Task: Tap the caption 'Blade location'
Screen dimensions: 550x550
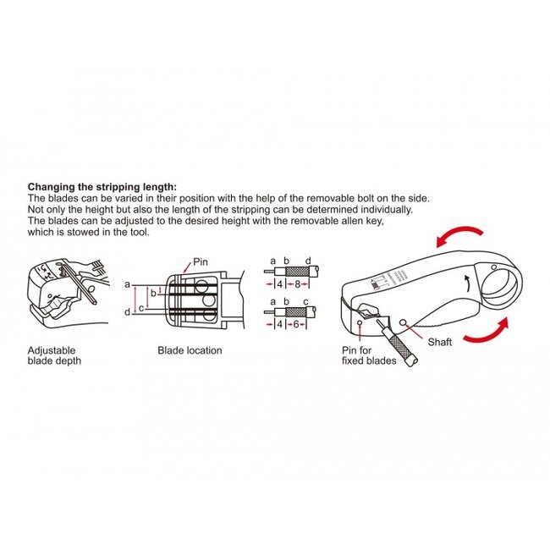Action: point(190,350)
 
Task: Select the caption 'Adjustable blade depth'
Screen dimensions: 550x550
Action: point(52,355)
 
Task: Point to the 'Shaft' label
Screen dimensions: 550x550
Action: point(440,342)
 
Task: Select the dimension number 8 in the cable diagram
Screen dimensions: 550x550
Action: point(298,285)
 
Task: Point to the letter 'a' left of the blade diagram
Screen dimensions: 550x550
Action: point(127,284)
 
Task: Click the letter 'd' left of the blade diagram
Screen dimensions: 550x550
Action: point(127,313)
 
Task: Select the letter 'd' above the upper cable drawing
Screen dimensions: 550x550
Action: point(307,260)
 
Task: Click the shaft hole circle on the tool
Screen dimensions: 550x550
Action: point(403,321)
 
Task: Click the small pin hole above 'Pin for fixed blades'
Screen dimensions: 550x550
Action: point(361,322)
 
